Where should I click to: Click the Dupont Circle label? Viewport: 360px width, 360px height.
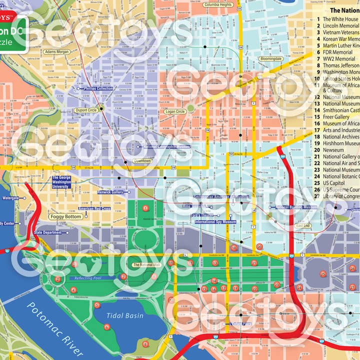tap(86, 110)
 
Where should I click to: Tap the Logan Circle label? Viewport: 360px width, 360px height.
tap(175, 111)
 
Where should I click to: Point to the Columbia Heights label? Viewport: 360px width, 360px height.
tap(218, 4)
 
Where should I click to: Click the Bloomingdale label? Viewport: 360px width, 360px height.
tap(271, 58)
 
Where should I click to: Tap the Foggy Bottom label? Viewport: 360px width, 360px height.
tap(66, 217)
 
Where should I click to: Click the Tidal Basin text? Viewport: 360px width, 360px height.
tap(124, 315)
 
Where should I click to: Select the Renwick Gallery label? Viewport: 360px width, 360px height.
tap(110, 192)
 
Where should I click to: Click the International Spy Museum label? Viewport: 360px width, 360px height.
tap(215, 221)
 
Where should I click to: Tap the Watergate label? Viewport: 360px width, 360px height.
tap(11, 198)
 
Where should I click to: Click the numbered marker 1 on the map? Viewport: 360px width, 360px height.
tap(145, 208)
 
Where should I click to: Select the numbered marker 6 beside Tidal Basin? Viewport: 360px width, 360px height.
tap(107, 327)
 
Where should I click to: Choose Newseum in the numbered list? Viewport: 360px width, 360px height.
tap(333, 149)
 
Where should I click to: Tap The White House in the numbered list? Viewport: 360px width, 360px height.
tap(340, 19)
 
